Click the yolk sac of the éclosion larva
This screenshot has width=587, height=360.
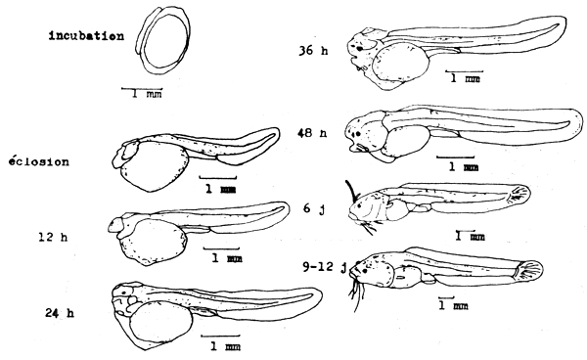153,171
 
